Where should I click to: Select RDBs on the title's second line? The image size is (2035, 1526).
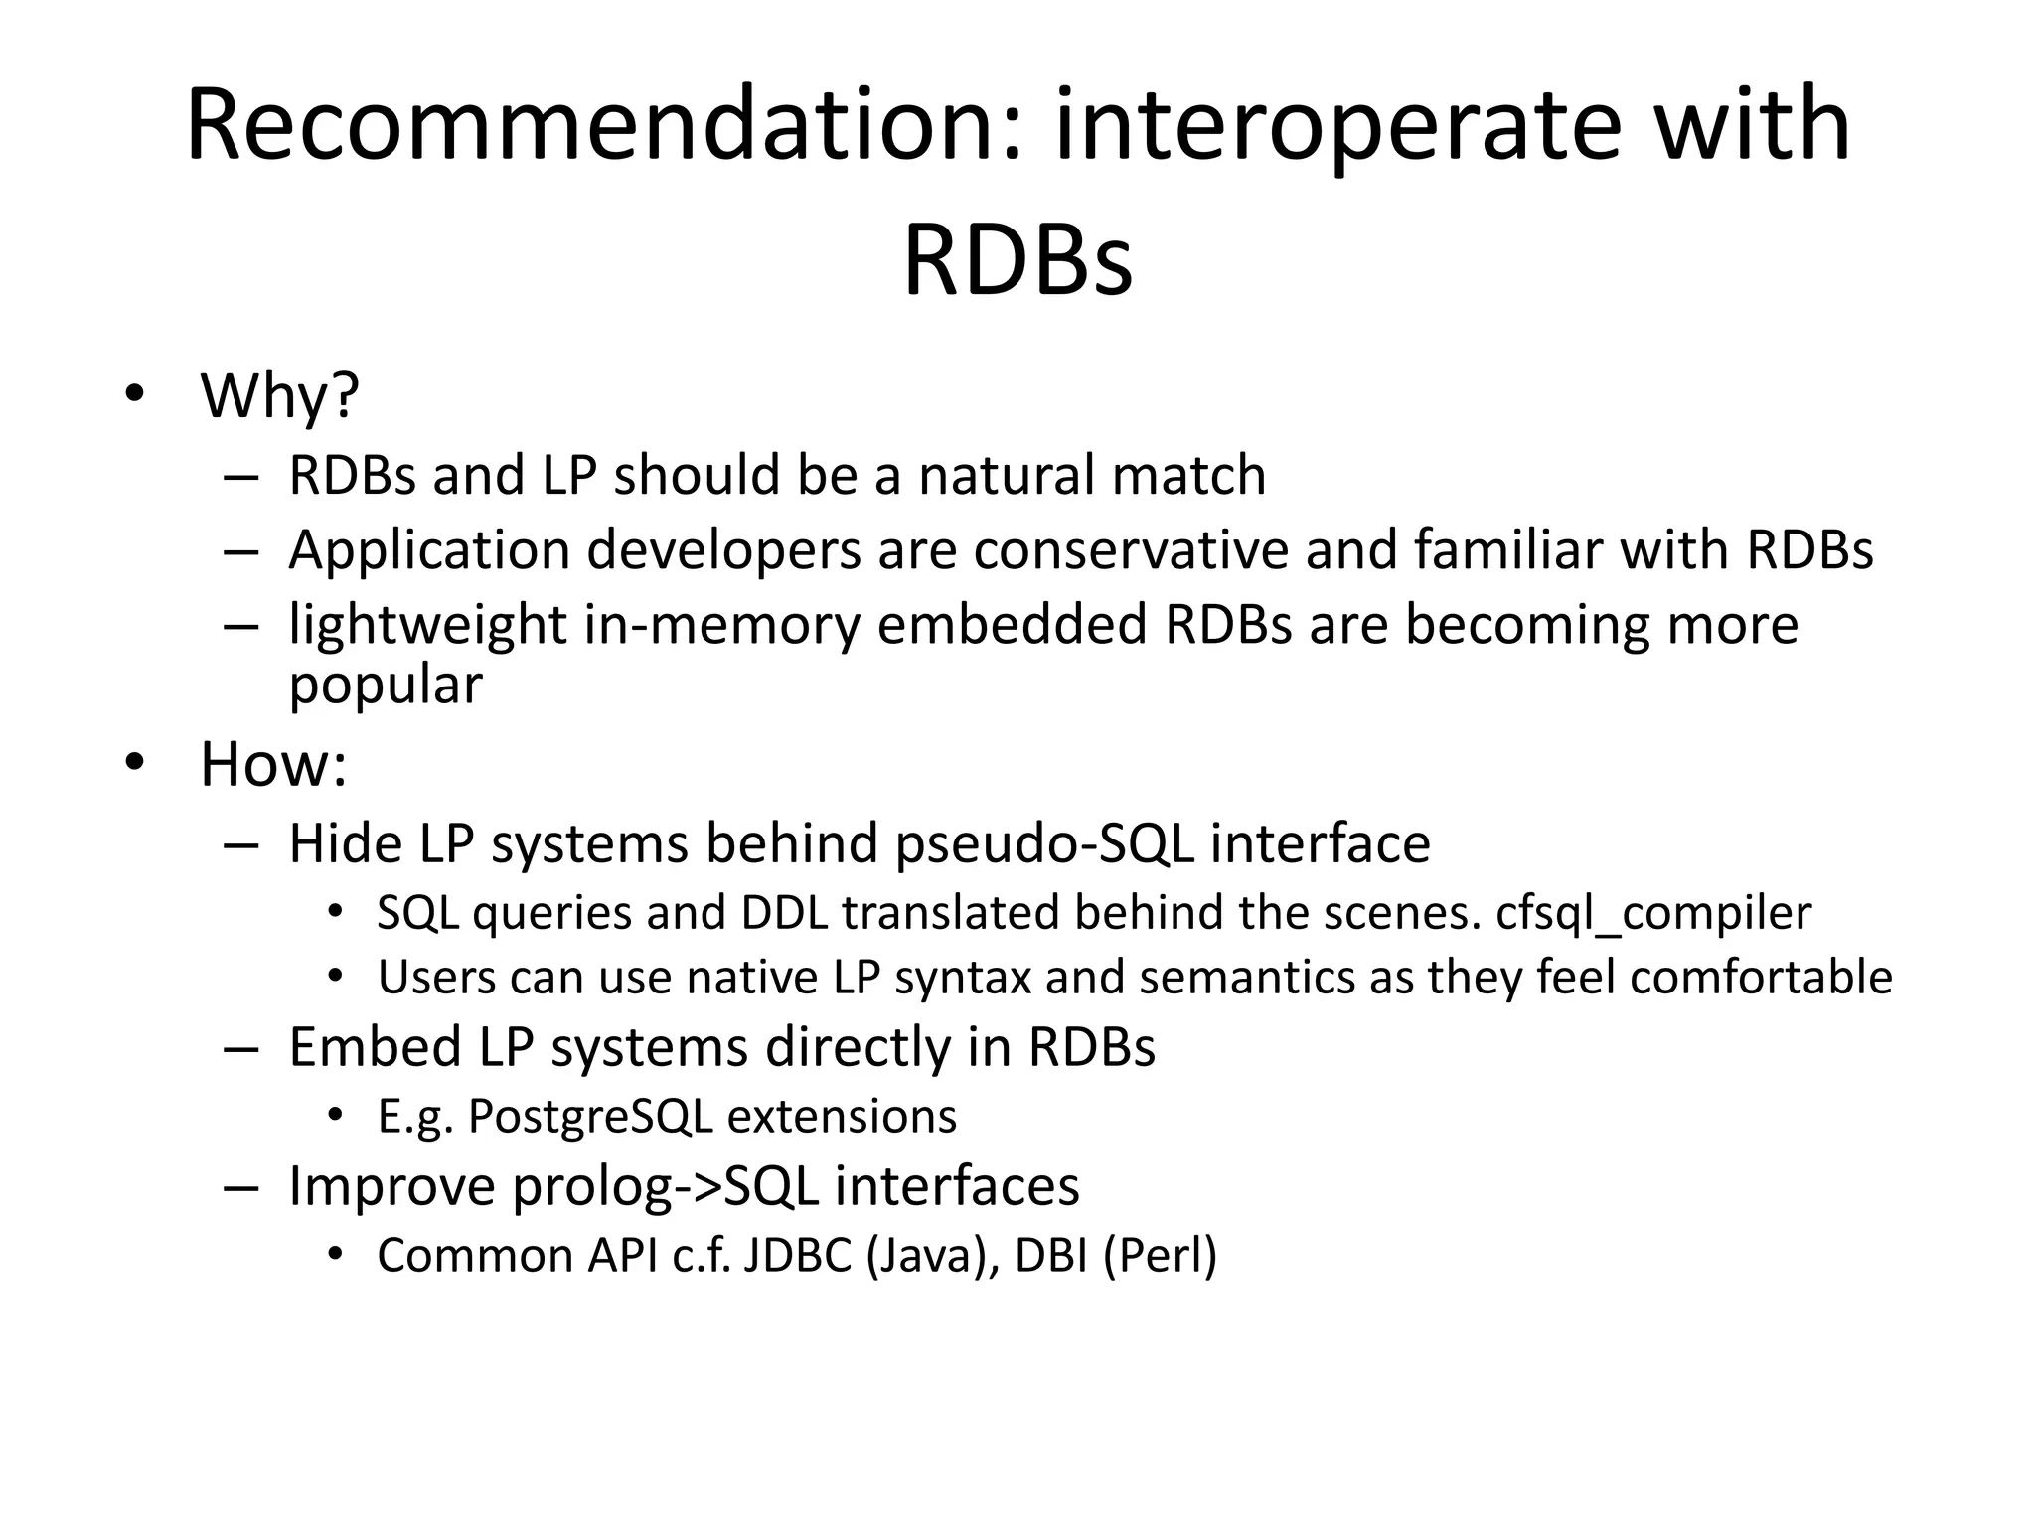pos(1017,261)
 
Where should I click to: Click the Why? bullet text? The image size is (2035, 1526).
pos(279,395)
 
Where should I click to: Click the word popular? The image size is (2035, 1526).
pos(386,686)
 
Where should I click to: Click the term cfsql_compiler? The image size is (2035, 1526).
pos(1653,913)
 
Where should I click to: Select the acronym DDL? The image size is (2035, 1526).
pos(784,913)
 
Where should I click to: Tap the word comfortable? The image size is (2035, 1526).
pos(1761,978)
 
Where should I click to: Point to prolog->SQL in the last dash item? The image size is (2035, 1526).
pos(665,1186)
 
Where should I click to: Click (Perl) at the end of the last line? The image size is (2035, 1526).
pos(1160,1256)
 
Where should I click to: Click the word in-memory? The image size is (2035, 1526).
pos(721,626)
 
